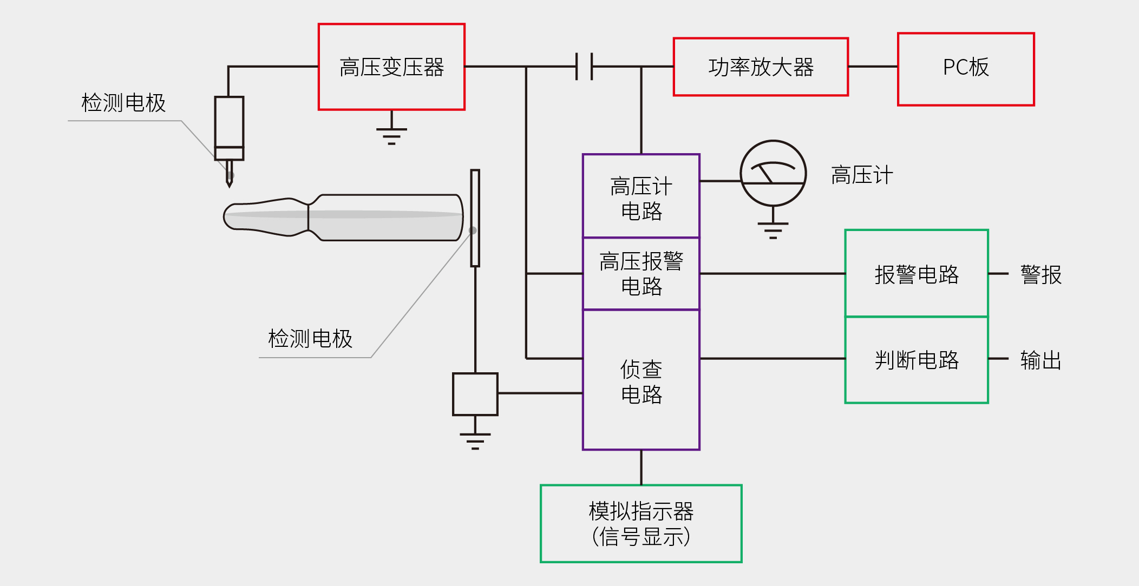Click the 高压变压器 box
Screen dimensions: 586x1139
[391, 67]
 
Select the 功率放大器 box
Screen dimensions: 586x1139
[761, 67]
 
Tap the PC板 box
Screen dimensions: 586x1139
[966, 69]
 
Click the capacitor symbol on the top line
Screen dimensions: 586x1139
[584, 67]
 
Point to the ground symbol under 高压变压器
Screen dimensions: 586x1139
[391, 133]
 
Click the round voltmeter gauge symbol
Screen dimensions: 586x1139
[773, 173]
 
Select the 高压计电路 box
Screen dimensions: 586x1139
[641, 196]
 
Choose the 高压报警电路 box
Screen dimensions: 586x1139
[641, 273]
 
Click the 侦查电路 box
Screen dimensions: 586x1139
[641, 380]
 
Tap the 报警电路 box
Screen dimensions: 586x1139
[917, 273]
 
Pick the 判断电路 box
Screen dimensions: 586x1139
[917, 360]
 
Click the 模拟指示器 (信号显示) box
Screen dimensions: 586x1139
[641, 523]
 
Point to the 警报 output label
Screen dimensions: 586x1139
[1040, 274]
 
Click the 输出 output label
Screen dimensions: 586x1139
[1040, 360]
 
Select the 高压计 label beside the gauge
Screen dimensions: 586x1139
[861, 175]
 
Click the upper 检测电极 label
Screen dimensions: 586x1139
[123, 103]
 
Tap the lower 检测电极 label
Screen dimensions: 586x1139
[310, 339]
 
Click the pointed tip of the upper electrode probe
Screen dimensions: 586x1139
[230, 185]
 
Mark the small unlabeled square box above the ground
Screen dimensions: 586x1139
[475, 394]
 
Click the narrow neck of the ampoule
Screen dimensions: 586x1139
[308, 218]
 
